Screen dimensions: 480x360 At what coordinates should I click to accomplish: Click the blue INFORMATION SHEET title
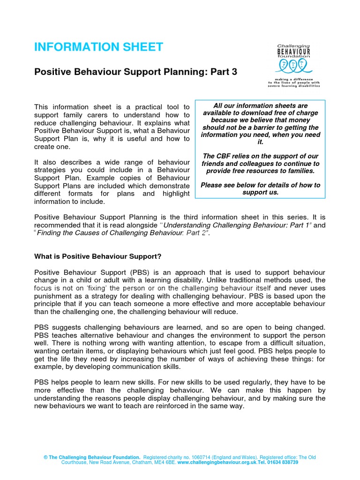98,47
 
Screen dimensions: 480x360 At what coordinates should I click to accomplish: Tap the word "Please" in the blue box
211,185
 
